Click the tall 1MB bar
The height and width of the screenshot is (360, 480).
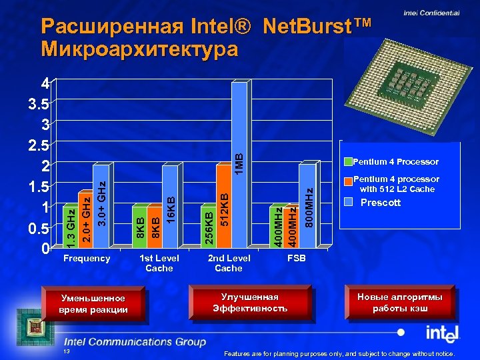239,163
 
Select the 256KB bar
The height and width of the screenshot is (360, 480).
209,227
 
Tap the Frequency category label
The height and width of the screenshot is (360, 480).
87,258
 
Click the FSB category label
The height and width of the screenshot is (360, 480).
296,258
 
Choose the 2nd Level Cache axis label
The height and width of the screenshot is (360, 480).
229,263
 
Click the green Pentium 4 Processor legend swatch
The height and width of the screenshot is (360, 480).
347,161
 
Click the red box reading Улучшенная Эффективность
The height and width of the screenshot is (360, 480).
250,302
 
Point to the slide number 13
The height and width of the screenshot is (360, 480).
65,351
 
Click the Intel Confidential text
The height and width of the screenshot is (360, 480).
431,13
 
